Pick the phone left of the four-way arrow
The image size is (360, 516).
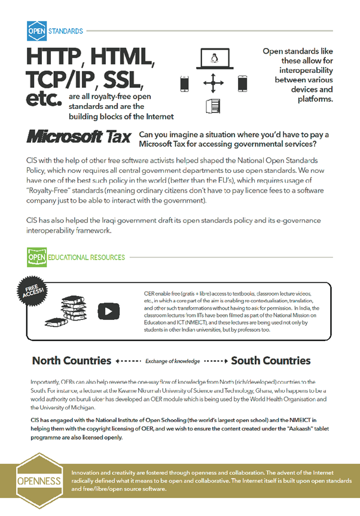pyautogui.click(x=185, y=83)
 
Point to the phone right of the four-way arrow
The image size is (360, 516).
pyautogui.click(x=242, y=83)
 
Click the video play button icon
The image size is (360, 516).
pyautogui.click(x=108, y=310)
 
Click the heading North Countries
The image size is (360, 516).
pyautogui.click(x=72, y=361)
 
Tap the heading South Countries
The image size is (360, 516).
pyautogui.click(x=271, y=361)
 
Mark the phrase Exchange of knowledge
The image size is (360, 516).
pyautogui.click(x=172, y=361)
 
